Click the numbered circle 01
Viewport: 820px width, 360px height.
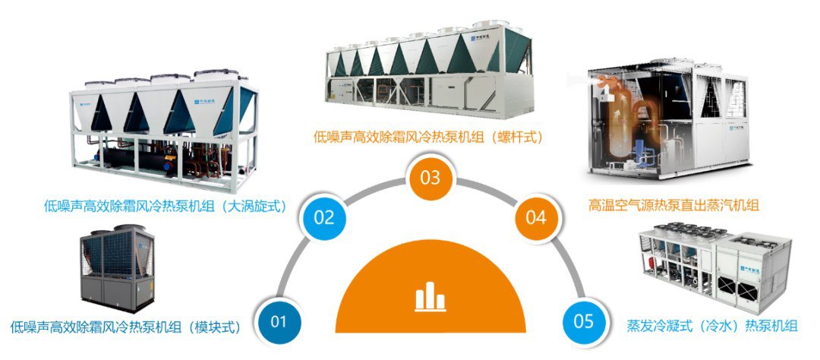coord(279,321)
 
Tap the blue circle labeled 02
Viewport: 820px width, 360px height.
coord(323,217)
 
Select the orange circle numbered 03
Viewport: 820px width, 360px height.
coord(431,178)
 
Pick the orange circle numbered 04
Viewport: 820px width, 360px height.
coord(536,217)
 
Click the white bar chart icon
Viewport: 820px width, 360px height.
coord(430,297)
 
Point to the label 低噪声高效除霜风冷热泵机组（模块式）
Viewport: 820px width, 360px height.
coord(125,328)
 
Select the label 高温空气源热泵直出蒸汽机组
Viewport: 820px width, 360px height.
coord(673,204)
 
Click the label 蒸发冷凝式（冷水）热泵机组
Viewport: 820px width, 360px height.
coord(711,326)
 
